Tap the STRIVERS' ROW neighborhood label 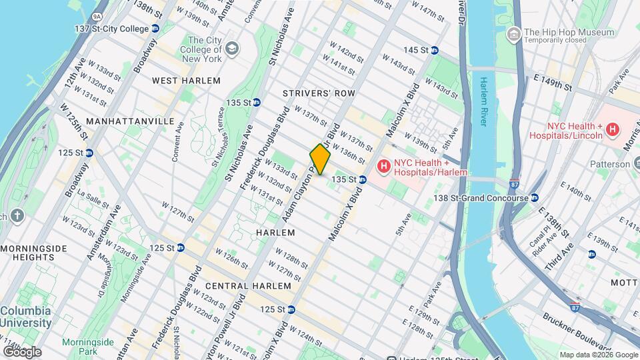coord(319,93)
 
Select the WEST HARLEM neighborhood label coord(186,81)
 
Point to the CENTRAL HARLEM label coord(248,286)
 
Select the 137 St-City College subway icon coord(155,29)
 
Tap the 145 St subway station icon coord(434,50)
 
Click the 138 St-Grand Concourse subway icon coord(535,198)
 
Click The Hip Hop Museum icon coord(513,33)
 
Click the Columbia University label coord(25,317)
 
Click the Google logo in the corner coord(21,351)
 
